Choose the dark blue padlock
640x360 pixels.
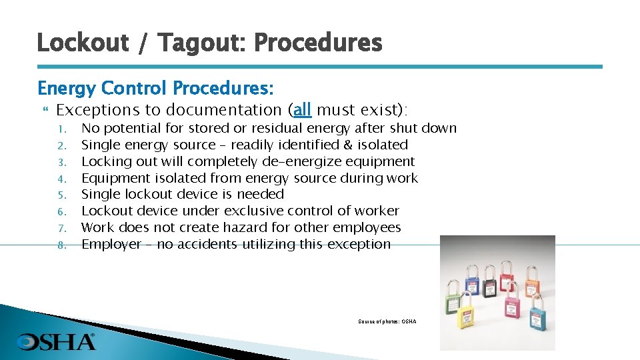[x=472, y=286]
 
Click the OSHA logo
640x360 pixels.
[x=56, y=342]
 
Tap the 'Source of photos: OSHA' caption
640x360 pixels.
[x=387, y=322]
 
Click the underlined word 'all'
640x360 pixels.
[x=302, y=109]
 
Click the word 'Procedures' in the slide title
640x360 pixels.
[x=318, y=43]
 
